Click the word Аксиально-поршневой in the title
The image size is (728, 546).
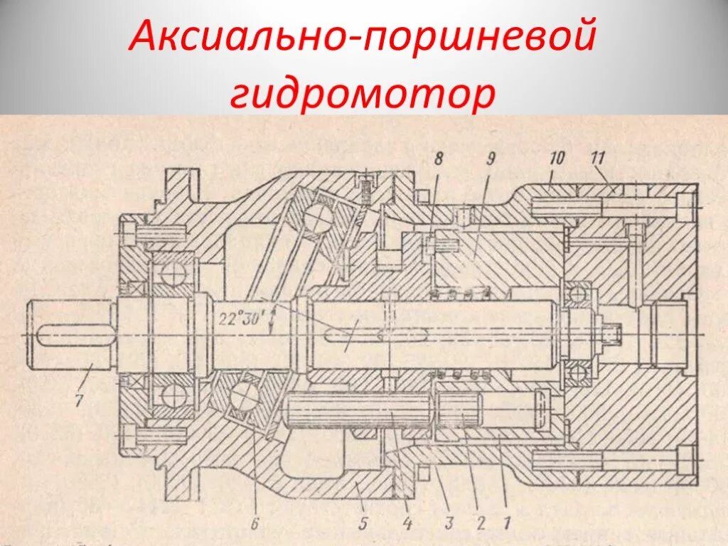(x=360, y=36)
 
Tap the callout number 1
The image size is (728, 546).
(x=505, y=523)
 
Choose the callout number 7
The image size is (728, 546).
(x=79, y=400)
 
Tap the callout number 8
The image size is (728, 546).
(x=439, y=160)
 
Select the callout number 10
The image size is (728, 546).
(x=556, y=157)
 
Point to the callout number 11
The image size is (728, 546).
(x=598, y=157)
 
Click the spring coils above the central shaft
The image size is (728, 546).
(x=461, y=294)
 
